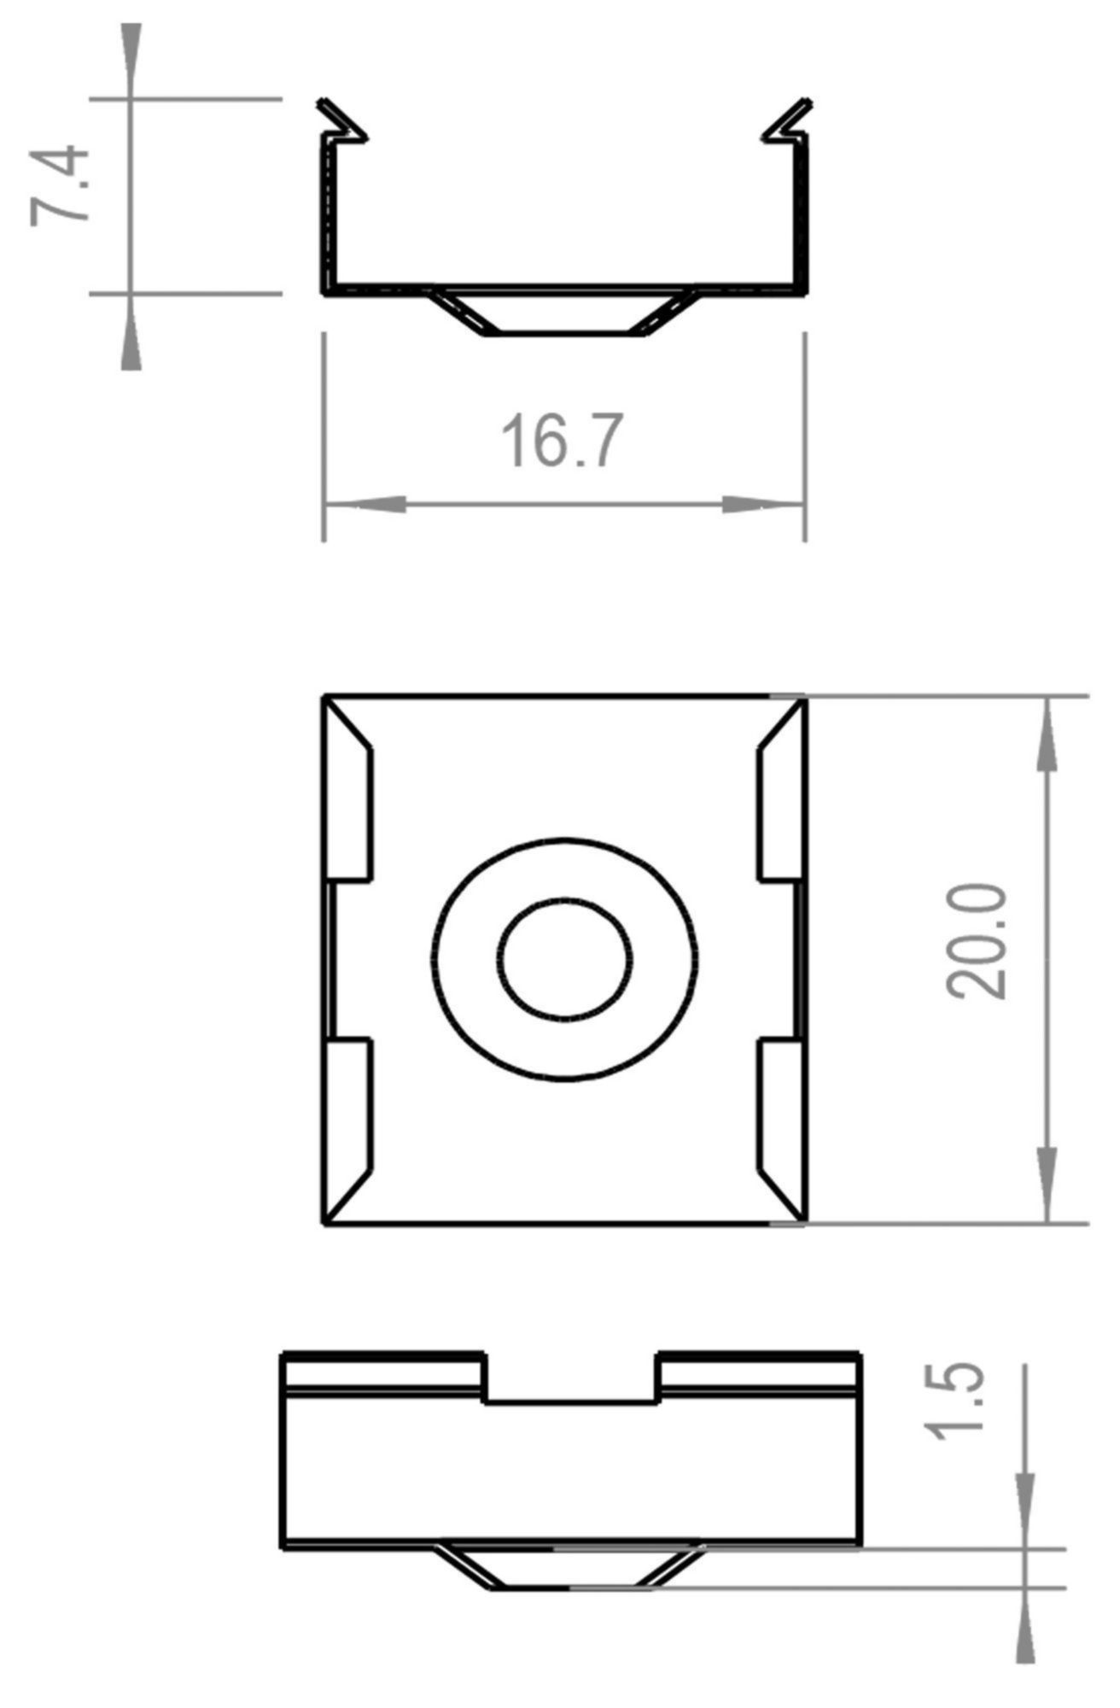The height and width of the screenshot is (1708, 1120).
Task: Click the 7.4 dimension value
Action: [60, 185]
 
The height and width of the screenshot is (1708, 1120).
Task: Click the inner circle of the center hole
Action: [567, 958]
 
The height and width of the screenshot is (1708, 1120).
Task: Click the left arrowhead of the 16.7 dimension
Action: [364, 504]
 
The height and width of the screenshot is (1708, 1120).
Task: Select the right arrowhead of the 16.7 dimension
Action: [763, 504]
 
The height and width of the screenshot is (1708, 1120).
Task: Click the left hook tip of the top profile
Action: [324, 104]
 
